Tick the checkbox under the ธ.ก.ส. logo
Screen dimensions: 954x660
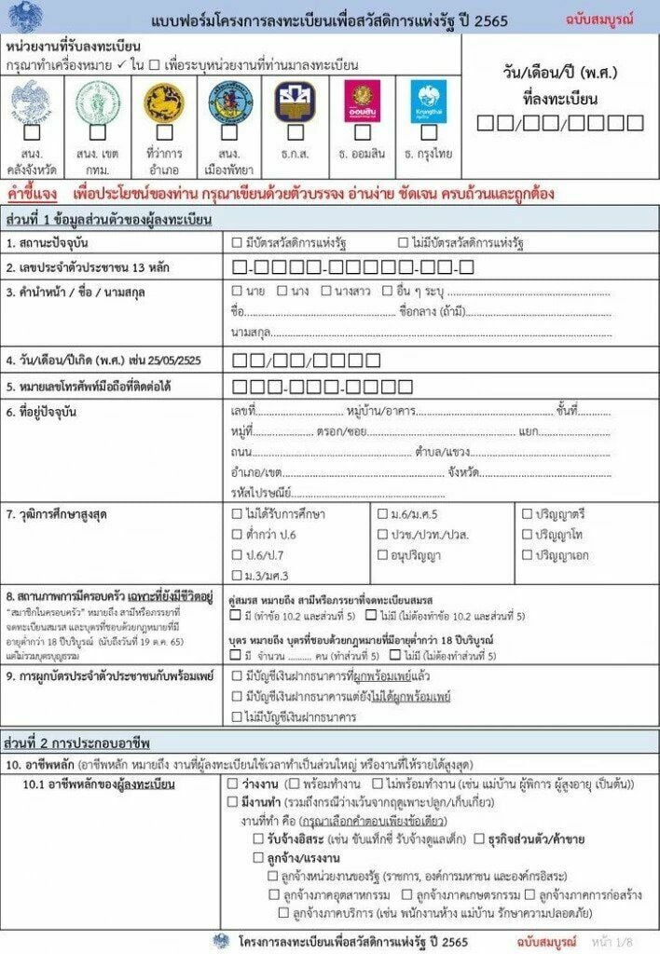click(x=295, y=133)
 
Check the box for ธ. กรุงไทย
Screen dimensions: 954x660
click(x=428, y=133)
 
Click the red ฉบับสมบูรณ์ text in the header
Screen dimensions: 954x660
click(x=597, y=18)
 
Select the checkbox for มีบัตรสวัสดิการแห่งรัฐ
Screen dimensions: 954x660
click(x=237, y=243)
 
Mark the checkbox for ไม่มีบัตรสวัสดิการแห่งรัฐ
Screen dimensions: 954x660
click(x=403, y=243)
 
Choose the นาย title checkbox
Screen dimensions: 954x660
click(x=237, y=291)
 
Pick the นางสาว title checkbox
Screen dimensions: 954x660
click(x=326, y=291)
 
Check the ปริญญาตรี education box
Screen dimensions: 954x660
click(x=527, y=513)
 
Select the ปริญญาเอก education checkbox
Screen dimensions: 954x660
click(x=527, y=555)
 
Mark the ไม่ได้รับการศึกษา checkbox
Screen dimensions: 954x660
click(x=237, y=513)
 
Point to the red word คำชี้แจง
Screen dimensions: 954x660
click(x=32, y=194)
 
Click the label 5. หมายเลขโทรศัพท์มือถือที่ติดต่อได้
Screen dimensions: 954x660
click(x=103, y=386)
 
